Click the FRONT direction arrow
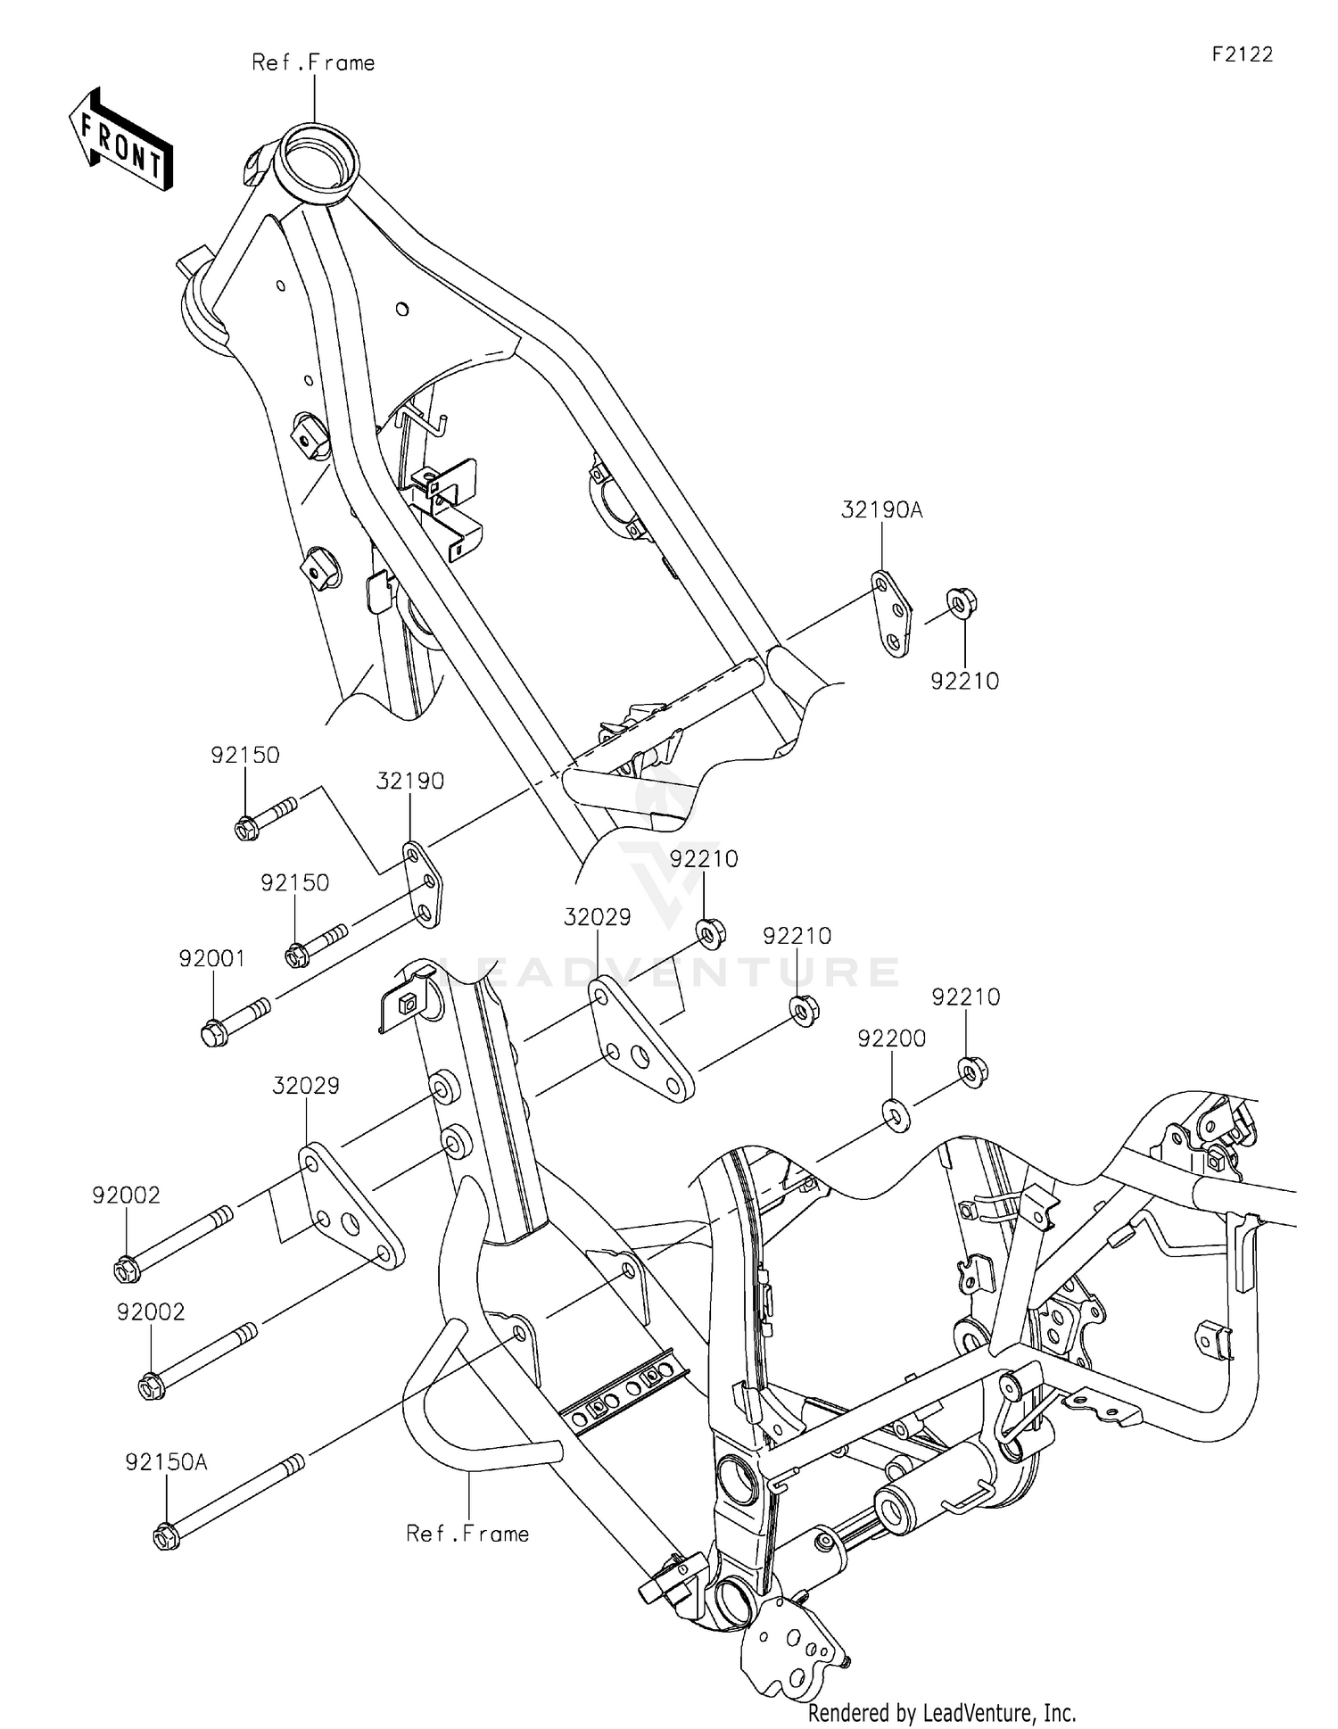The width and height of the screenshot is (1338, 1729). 120,139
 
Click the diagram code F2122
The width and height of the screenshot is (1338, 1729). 1242,54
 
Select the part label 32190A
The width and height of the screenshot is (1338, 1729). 881,510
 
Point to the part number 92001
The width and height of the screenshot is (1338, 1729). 211,958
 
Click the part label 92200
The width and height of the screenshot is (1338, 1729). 891,1038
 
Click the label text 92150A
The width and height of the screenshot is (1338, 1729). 166,1387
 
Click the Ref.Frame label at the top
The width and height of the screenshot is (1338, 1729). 313,62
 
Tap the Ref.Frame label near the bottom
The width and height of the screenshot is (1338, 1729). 467,1533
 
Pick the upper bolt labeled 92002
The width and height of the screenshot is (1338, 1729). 174,1241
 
